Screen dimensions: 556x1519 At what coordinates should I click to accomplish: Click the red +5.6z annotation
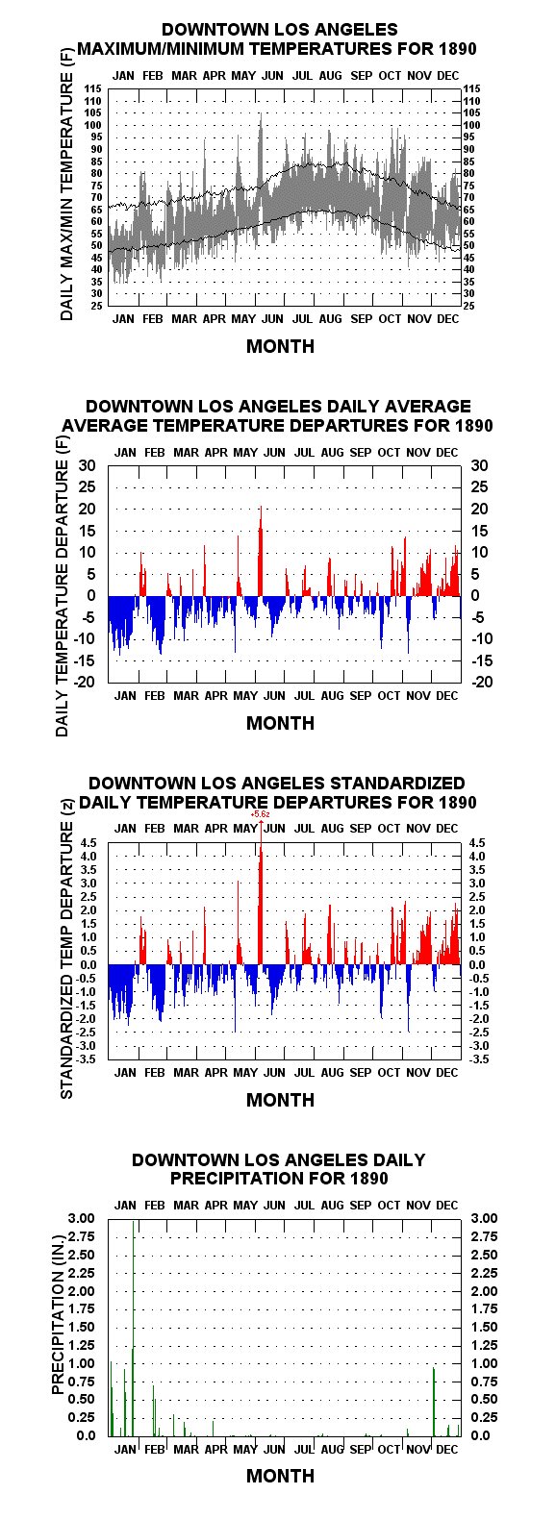261,814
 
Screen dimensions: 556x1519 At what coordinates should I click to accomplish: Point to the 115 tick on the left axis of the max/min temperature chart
93,88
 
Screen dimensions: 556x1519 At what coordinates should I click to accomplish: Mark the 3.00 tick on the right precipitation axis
483,1218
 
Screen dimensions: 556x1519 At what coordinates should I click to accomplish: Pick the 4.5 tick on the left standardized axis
88,842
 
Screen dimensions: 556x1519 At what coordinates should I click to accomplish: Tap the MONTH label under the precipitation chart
280,1476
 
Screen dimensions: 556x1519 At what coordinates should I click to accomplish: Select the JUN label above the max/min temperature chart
272,75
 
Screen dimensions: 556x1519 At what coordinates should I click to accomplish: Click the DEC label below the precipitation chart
446,1449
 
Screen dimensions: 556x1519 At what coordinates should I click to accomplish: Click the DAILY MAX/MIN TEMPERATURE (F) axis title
66,197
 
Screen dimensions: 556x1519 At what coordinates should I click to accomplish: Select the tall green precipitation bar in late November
434,1402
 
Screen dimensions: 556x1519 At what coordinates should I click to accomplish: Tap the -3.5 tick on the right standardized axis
478,1058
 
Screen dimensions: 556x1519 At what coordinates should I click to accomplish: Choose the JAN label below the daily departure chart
125,696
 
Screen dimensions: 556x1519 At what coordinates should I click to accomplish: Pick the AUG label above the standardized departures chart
332,828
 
